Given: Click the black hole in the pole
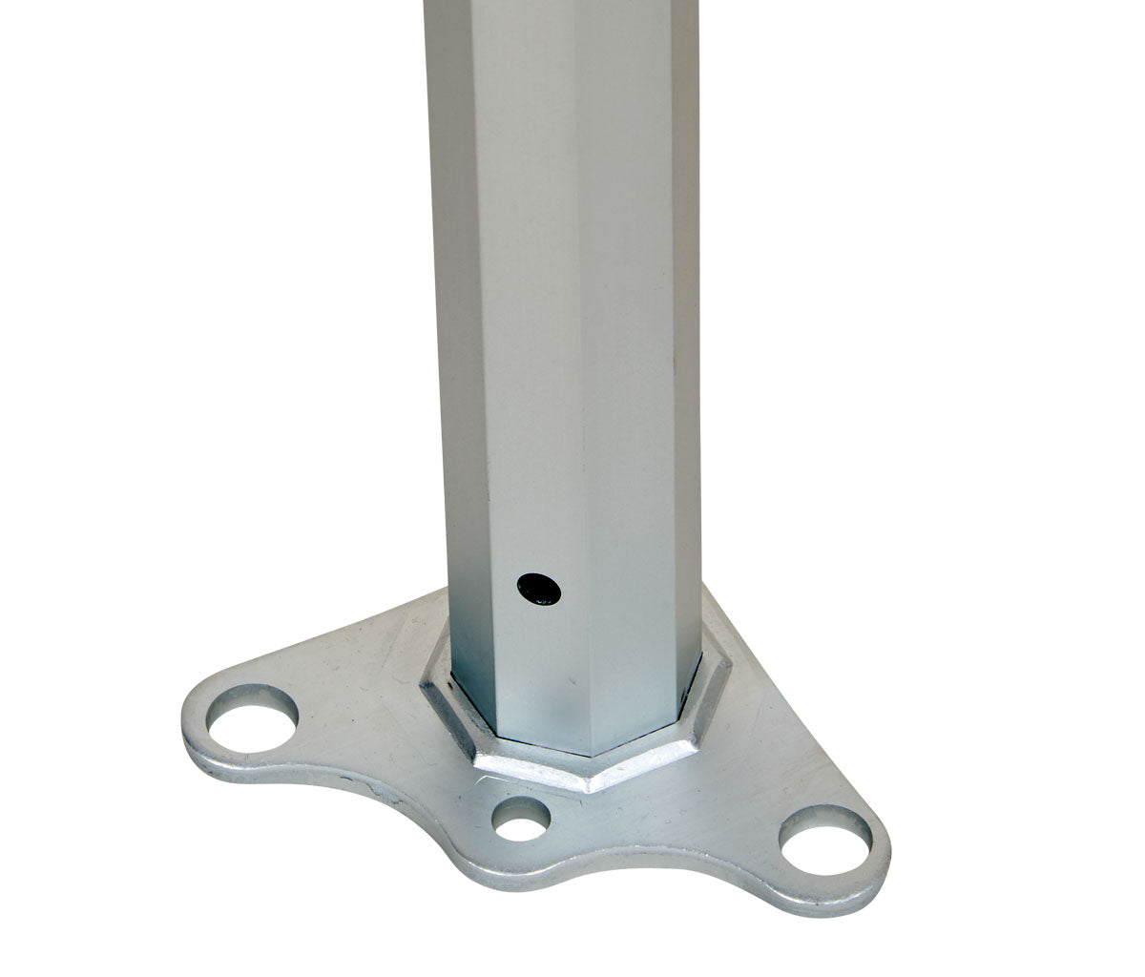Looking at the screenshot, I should tap(539, 588).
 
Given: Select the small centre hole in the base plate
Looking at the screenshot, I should tap(521, 819).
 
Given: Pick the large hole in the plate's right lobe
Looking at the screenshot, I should tap(824, 839).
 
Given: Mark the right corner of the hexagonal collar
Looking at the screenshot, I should tap(730, 658).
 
